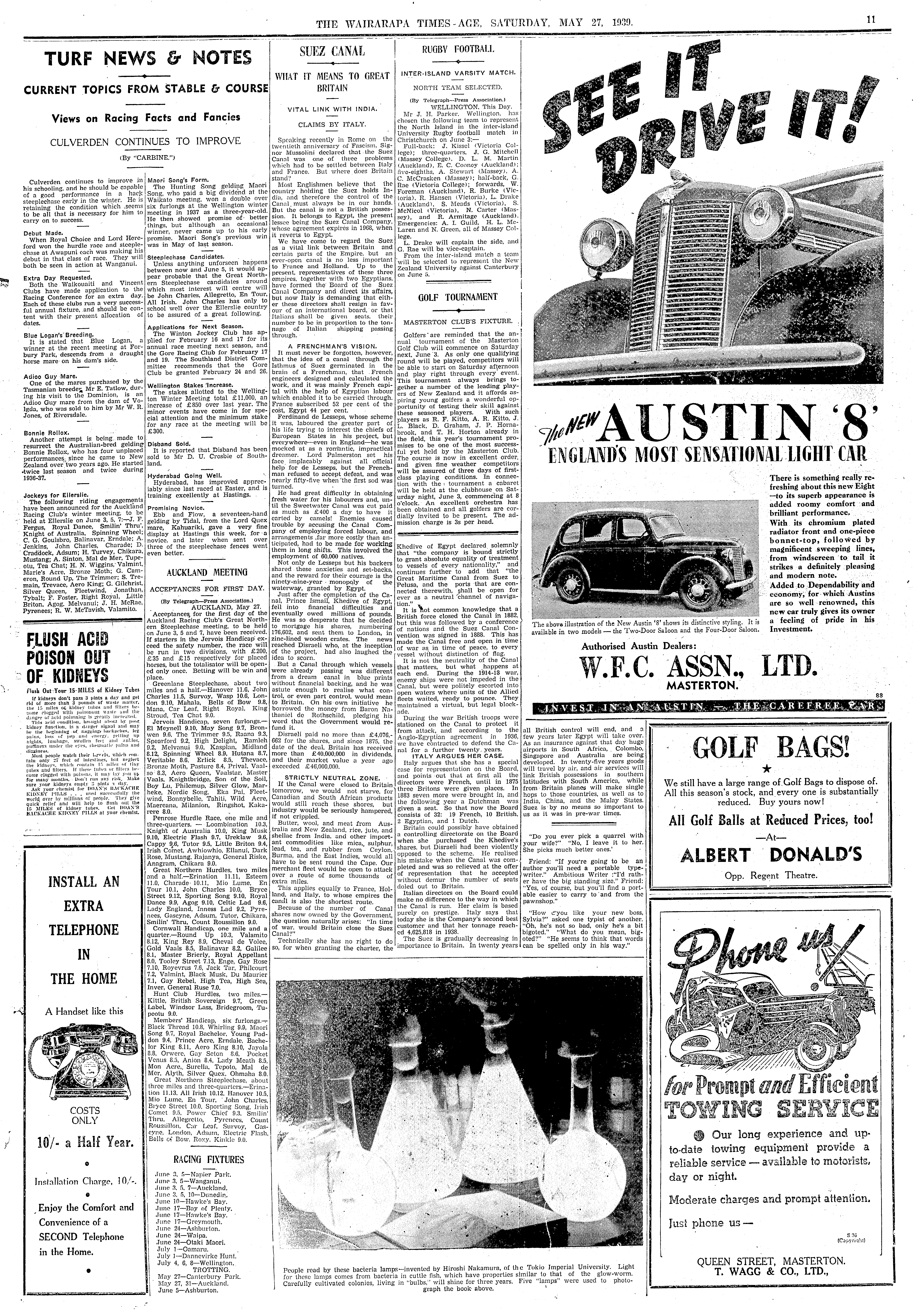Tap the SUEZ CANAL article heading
point(332,51)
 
